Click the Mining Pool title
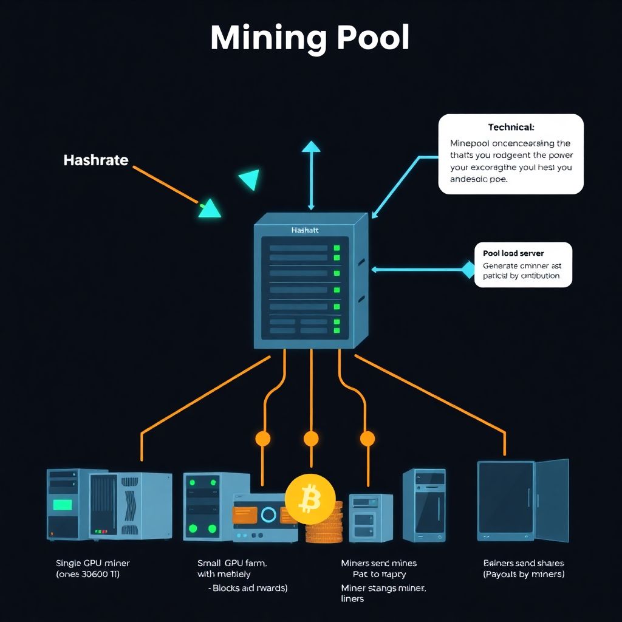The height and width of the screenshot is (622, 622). pos(310,38)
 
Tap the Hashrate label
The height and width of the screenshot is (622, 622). pos(95,160)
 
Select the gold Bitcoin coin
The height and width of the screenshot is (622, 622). pos(310,499)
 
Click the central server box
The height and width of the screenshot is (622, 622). pos(310,282)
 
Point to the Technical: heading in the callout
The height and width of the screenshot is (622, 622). pos(511,128)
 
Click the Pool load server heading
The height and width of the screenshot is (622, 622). pos(513,253)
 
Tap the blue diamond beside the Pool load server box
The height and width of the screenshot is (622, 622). pos(468,269)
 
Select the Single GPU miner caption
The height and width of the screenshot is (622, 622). pos(92,563)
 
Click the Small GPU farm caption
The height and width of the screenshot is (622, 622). pos(232,563)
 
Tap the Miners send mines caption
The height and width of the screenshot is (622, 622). pos(378,563)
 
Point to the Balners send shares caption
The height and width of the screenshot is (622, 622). pos(524,563)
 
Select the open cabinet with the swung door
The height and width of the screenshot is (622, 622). pos(522,501)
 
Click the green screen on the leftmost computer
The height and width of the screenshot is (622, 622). pos(62,504)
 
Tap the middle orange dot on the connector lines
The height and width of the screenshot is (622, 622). pos(311,439)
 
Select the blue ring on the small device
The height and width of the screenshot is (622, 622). pos(268,515)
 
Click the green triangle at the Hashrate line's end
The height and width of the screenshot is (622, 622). pos(210,208)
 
